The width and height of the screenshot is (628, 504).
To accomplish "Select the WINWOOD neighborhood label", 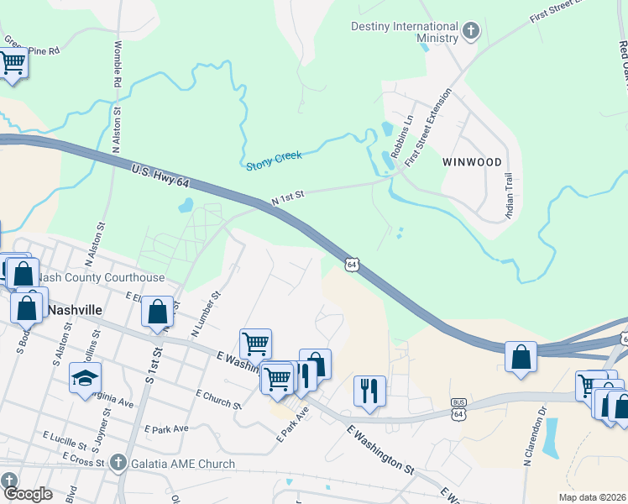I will point(474,162).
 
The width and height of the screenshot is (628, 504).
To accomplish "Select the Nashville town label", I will point(76,309).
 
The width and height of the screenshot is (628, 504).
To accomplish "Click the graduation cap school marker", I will point(86,378).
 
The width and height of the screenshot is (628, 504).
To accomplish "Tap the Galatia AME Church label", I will point(182,464).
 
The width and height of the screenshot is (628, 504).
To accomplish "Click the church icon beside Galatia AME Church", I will point(118,463).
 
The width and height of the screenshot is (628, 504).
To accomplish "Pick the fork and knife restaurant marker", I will point(369,391).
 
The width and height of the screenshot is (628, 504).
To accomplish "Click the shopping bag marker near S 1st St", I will point(157,312).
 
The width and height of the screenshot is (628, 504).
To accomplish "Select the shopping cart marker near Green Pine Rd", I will point(12,62).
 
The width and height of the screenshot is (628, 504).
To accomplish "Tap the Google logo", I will point(28,494).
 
